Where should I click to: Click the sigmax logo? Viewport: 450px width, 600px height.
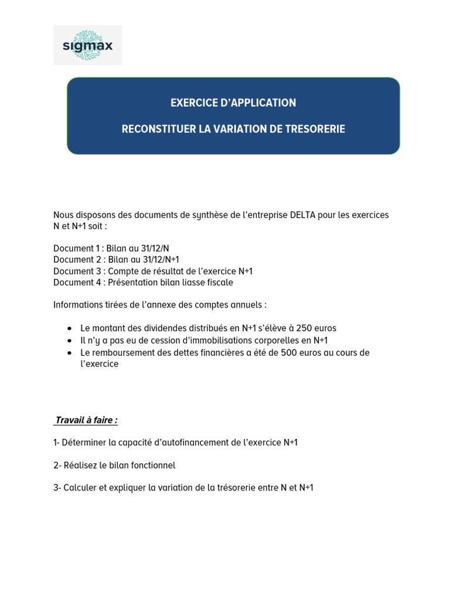point(88,45)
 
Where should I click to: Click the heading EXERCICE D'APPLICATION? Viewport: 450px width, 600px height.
point(233,103)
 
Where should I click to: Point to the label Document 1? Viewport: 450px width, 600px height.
point(77,248)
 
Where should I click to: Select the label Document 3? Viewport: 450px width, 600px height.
point(77,271)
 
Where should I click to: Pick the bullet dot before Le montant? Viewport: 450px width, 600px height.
point(70,328)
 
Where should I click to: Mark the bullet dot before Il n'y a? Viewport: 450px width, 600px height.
point(70,340)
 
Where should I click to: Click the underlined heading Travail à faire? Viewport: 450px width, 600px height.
point(86,420)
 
